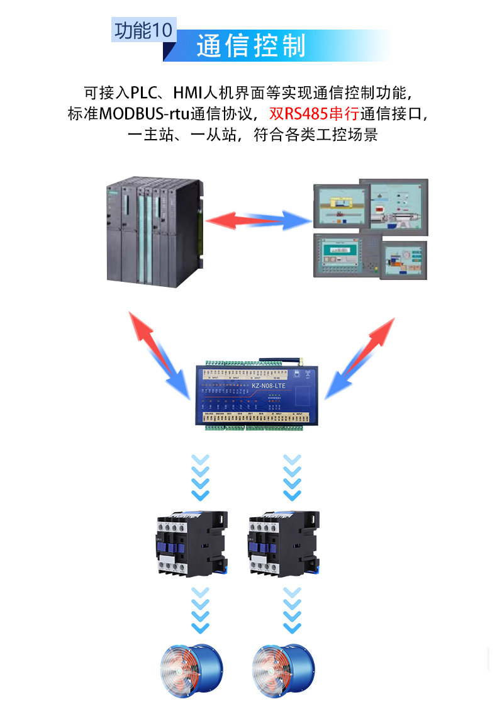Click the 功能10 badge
pos(143,30)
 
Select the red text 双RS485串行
pos(305,114)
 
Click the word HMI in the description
pos(187,93)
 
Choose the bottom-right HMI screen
pos(403,260)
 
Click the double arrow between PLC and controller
pos(159,354)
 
